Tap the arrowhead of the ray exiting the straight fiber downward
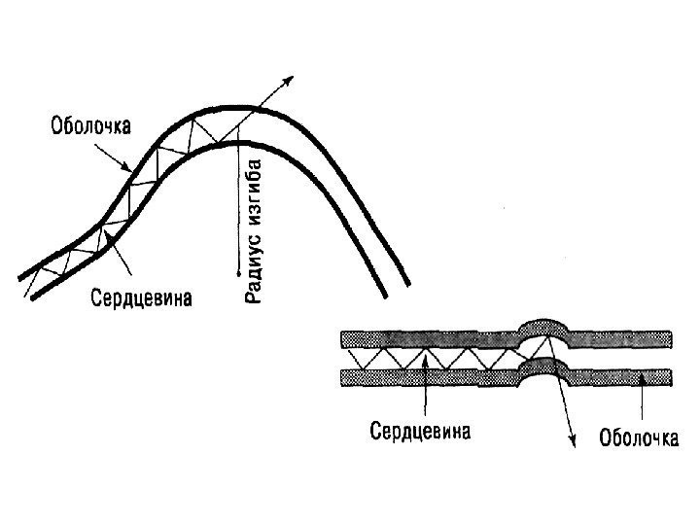[x=574, y=442]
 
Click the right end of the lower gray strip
[x=669, y=375]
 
